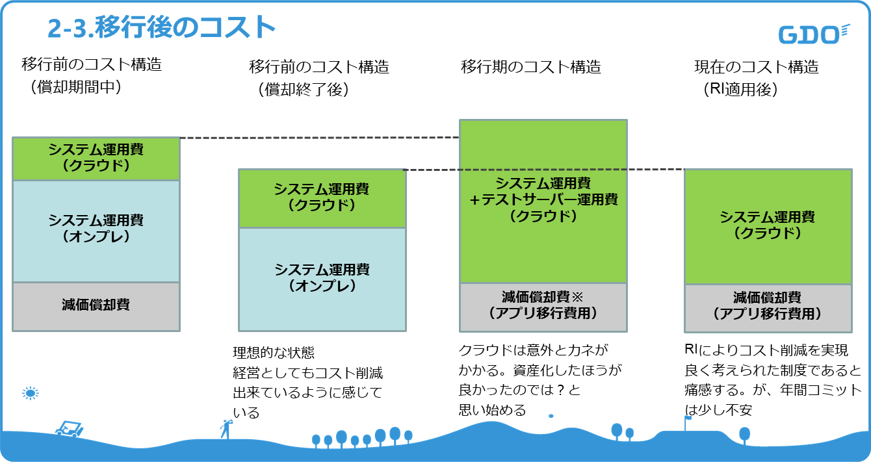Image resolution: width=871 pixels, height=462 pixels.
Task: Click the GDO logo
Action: pyautogui.click(x=814, y=34)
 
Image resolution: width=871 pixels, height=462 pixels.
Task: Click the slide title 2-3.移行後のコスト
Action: pyautogui.click(x=161, y=27)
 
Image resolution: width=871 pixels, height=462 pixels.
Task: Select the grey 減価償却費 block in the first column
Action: pyautogui.click(x=96, y=307)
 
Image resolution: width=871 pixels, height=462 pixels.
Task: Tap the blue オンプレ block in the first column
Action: pyautogui.click(x=96, y=231)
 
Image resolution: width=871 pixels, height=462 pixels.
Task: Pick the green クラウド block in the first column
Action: pyautogui.click(x=96, y=159)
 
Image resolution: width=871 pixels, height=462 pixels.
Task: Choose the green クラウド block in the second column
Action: pyautogui.click(x=322, y=198)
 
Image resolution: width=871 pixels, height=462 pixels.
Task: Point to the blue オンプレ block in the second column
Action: pyautogui.click(x=322, y=279)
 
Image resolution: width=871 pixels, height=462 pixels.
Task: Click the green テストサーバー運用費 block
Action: pyautogui.click(x=543, y=201)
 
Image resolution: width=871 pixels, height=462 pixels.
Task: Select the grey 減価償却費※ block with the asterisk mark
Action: pyautogui.click(x=543, y=307)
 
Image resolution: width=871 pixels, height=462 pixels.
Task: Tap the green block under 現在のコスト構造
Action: pyautogui.click(x=768, y=227)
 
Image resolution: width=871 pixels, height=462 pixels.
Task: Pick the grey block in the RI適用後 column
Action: pyautogui.click(x=768, y=309)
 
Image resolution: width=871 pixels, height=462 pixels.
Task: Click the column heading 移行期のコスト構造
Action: pyautogui.click(x=531, y=67)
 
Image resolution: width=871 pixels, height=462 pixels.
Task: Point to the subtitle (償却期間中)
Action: pyautogui.click(x=76, y=87)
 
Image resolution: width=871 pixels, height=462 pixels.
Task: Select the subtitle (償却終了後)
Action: pyautogui.click(x=304, y=90)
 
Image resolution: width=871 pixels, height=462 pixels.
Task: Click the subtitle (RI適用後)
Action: pyautogui.click(x=740, y=90)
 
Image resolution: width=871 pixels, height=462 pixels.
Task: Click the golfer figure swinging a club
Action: pyautogui.click(x=226, y=429)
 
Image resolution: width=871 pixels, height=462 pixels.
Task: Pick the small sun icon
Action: pyautogui.click(x=31, y=393)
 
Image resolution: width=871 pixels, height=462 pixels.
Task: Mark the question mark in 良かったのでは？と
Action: pyautogui.click(x=560, y=390)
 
